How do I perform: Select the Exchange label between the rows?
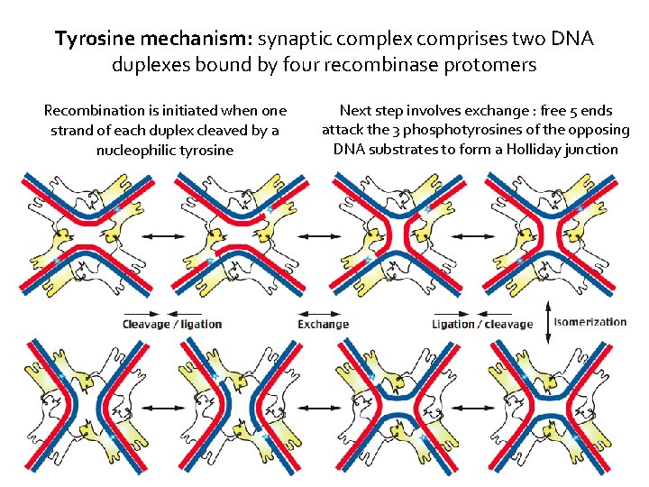point(323,324)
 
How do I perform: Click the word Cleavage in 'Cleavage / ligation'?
point(147,324)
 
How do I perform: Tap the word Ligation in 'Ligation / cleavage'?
point(452,324)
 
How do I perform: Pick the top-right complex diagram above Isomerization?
point(550,236)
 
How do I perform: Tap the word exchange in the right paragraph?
point(495,111)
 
